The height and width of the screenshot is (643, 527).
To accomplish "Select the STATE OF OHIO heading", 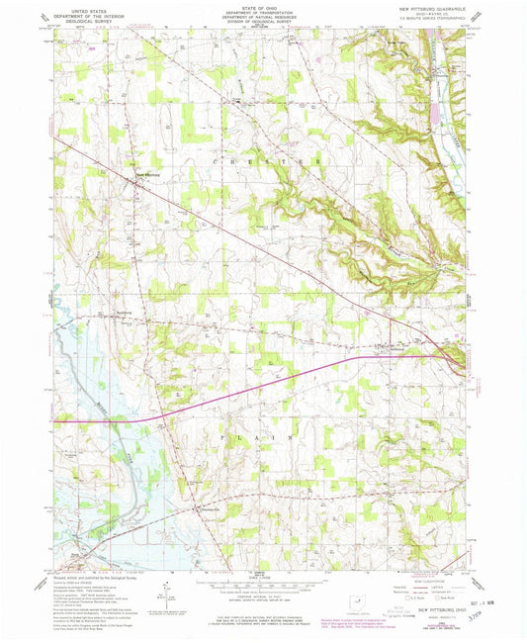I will coord(263,6).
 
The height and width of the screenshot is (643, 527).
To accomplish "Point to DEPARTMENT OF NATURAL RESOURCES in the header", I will coord(263,16).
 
